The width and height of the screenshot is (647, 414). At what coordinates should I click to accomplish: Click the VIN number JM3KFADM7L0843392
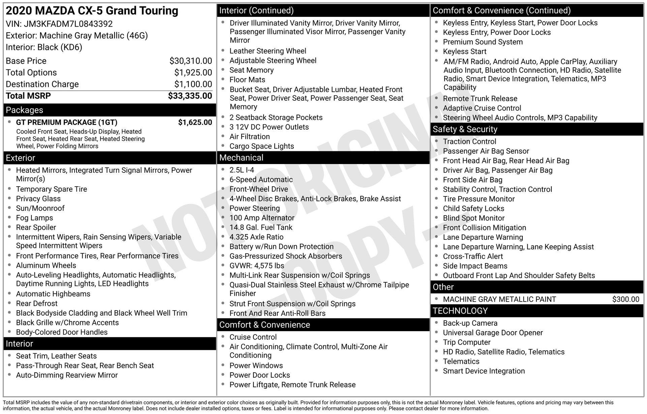pyautogui.click(x=68, y=24)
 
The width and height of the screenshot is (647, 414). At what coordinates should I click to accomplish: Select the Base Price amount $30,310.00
pyautogui.click(x=190, y=61)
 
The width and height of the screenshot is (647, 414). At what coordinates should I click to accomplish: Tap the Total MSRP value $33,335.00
pyautogui.click(x=190, y=96)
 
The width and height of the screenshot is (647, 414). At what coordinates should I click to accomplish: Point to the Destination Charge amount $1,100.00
pyautogui.click(x=193, y=84)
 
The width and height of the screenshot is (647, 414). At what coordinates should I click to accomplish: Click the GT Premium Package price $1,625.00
pyautogui.click(x=195, y=122)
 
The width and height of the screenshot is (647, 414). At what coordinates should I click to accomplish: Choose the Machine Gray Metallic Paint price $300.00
pyautogui.click(x=625, y=299)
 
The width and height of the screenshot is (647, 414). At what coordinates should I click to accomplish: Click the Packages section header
pyautogui.click(x=25, y=110)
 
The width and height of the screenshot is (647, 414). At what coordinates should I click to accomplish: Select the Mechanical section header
pyautogui.click(x=241, y=158)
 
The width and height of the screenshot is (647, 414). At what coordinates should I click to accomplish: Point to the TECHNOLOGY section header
pyautogui.click(x=460, y=311)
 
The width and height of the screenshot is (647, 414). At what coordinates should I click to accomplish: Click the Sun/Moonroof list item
pyautogui.click(x=40, y=208)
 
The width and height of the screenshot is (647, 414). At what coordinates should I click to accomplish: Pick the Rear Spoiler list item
pyautogui.click(x=36, y=227)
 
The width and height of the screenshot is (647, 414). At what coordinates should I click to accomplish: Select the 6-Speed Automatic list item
pyautogui.click(x=261, y=180)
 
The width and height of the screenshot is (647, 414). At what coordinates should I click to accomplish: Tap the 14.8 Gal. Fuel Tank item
pyautogui.click(x=261, y=227)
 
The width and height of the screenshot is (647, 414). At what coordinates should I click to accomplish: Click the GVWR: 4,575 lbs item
pyautogui.click(x=257, y=266)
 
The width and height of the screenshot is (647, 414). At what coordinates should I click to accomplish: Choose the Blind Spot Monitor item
pyautogui.click(x=473, y=218)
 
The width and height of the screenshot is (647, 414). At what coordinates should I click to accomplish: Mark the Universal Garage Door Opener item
pyautogui.click(x=493, y=333)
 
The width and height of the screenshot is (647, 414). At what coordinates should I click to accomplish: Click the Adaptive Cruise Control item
pyautogui.click(x=482, y=108)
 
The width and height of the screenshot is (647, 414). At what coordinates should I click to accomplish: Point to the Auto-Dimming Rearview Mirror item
pyautogui.click(x=67, y=375)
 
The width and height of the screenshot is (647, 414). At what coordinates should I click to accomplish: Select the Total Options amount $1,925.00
pyautogui.click(x=193, y=73)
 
